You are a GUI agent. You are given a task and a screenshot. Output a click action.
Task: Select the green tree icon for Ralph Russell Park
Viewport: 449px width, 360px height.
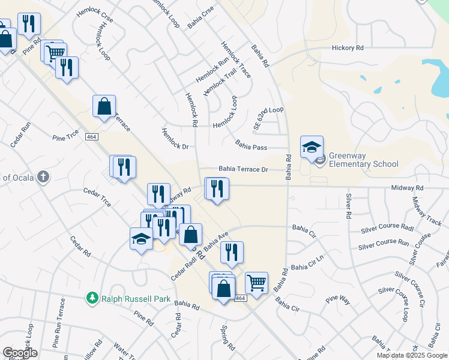click(92, 298)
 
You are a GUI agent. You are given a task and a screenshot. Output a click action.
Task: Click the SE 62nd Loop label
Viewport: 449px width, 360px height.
click(268, 118)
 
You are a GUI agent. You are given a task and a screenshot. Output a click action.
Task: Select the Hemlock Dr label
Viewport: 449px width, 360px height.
click(175, 138)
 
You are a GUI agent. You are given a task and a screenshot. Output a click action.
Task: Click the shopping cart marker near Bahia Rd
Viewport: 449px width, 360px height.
click(256, 281)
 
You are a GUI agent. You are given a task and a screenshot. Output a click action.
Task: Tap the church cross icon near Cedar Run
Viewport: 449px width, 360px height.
click(42, 177)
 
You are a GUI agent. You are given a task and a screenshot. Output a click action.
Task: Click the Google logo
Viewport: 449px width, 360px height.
click(20, 353)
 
